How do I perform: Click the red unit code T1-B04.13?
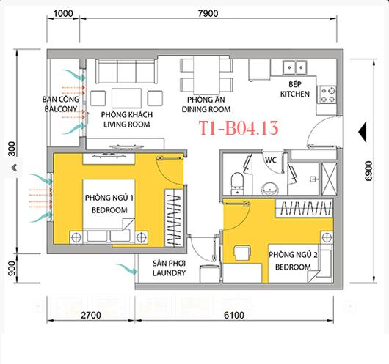tap(239, 130)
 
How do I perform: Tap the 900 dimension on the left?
tap(11, 270)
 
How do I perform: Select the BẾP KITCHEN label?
tap(294, 89)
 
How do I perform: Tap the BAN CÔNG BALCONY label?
tap(59, 103)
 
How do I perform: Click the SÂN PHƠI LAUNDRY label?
tap(169, 267)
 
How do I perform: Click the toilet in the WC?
tap(237, 180)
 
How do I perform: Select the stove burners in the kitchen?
tap(327, 92)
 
